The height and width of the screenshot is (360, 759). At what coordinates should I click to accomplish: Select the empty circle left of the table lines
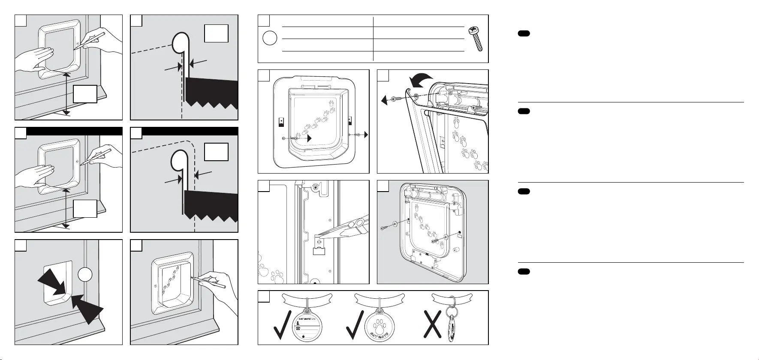(270, 38)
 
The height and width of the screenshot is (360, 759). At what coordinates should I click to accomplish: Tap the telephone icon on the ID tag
(297, 328)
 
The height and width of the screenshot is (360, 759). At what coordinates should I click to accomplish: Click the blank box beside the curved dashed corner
(217, 152)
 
